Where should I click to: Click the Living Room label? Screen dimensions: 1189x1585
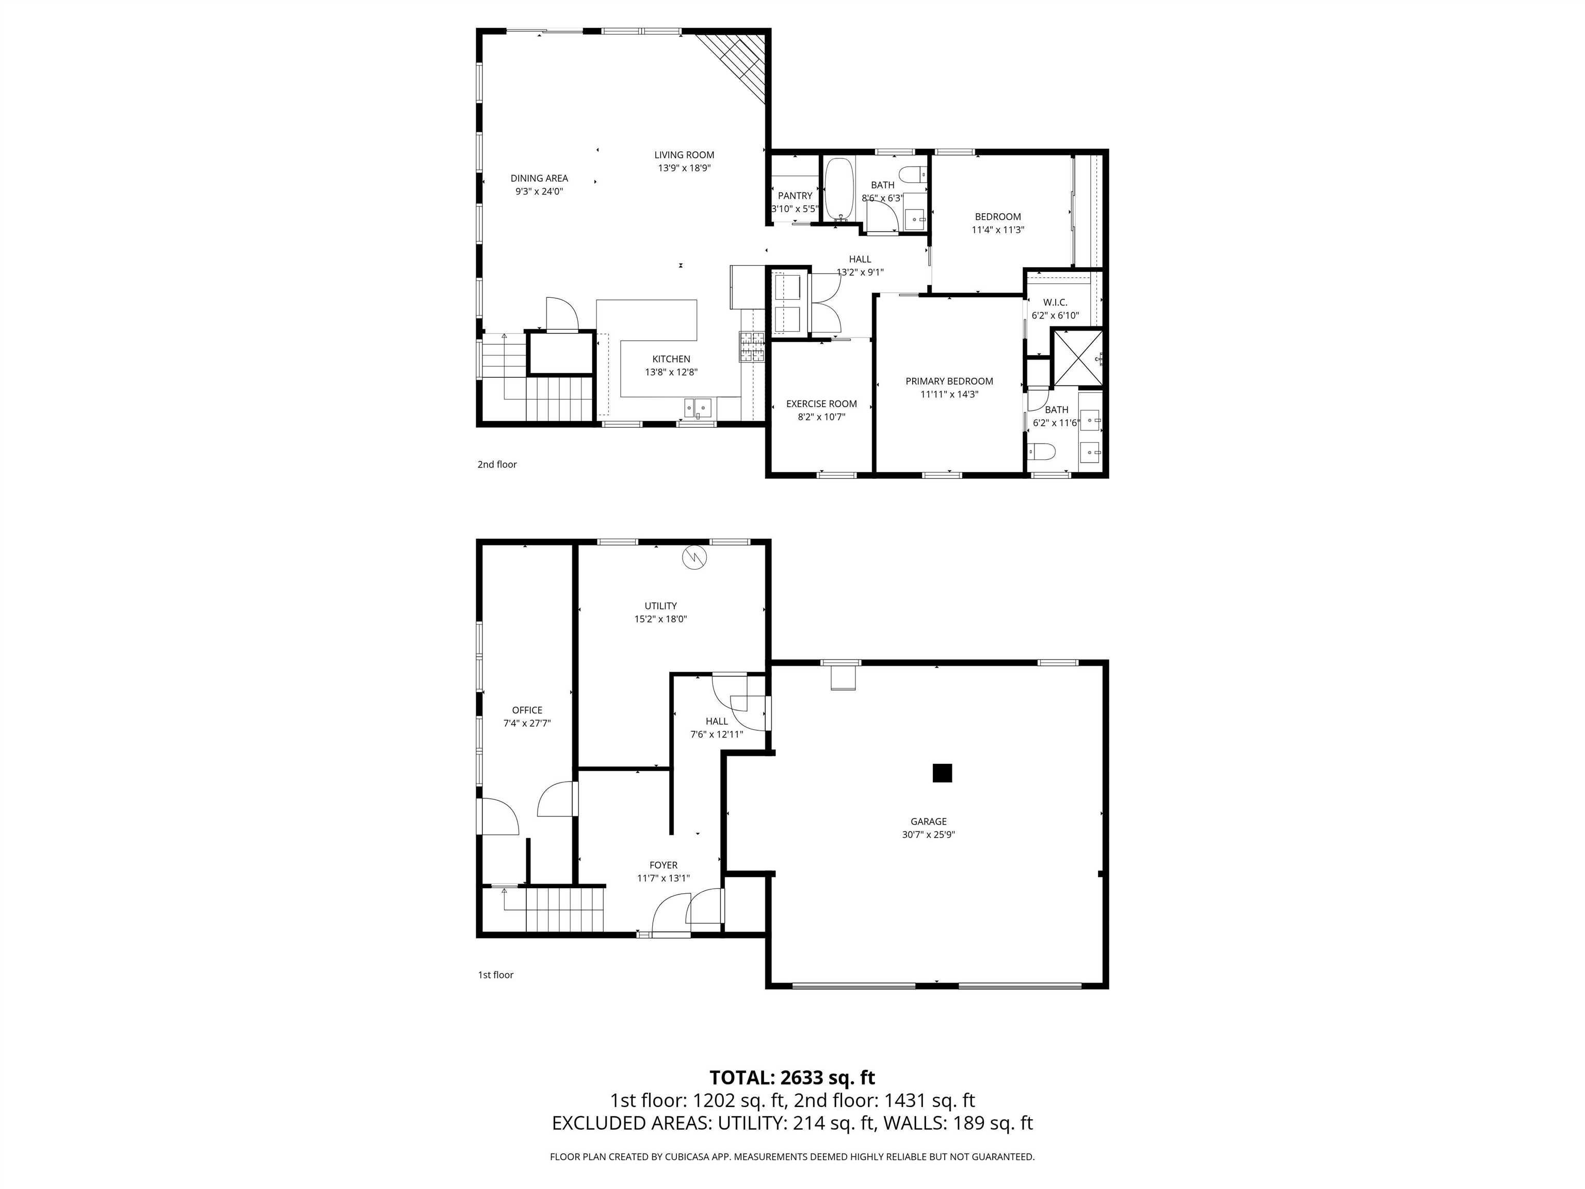click(684, 155)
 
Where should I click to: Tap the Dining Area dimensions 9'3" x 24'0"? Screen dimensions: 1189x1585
click(539, 191)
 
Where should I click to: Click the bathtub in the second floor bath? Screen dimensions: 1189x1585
click(838, 189)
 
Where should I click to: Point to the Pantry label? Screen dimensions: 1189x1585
click(795, 196)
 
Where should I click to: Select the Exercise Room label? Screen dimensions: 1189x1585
click(821, 404)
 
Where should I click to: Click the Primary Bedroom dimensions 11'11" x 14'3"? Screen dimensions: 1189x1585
click(949, 394)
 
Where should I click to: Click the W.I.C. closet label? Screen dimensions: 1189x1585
click(1055, 302)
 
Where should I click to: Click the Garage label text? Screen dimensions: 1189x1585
click(928, 822)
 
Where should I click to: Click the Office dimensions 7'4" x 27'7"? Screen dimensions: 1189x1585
click(527, 723)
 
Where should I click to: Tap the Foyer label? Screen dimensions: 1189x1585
click(663, 865)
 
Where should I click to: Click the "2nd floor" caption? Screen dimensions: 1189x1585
click(496, 464)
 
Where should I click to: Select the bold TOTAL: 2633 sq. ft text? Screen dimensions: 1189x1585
click(792, 1077)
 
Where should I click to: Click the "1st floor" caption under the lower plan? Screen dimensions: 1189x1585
click(495, 975)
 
